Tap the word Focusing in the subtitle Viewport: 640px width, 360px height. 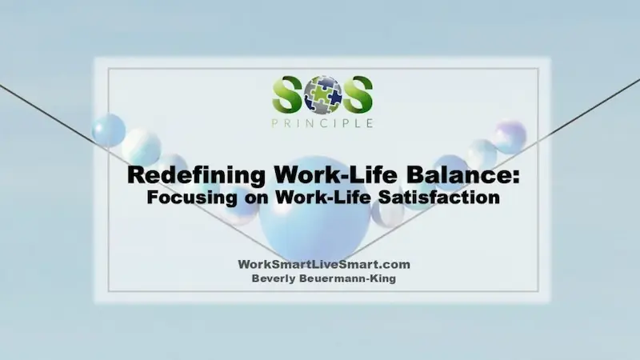(182, 197)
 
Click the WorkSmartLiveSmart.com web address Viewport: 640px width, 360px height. (324, 265)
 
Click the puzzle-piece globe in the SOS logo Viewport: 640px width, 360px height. (323, 94)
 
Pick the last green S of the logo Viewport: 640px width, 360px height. (357, 95)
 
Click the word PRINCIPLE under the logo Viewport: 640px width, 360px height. (322, 123)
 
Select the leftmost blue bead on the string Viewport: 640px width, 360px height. (109, 130)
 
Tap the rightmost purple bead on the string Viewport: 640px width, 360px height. (509, 137)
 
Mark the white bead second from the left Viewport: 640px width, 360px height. (142, 146)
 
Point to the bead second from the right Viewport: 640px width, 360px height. (482, 153)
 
